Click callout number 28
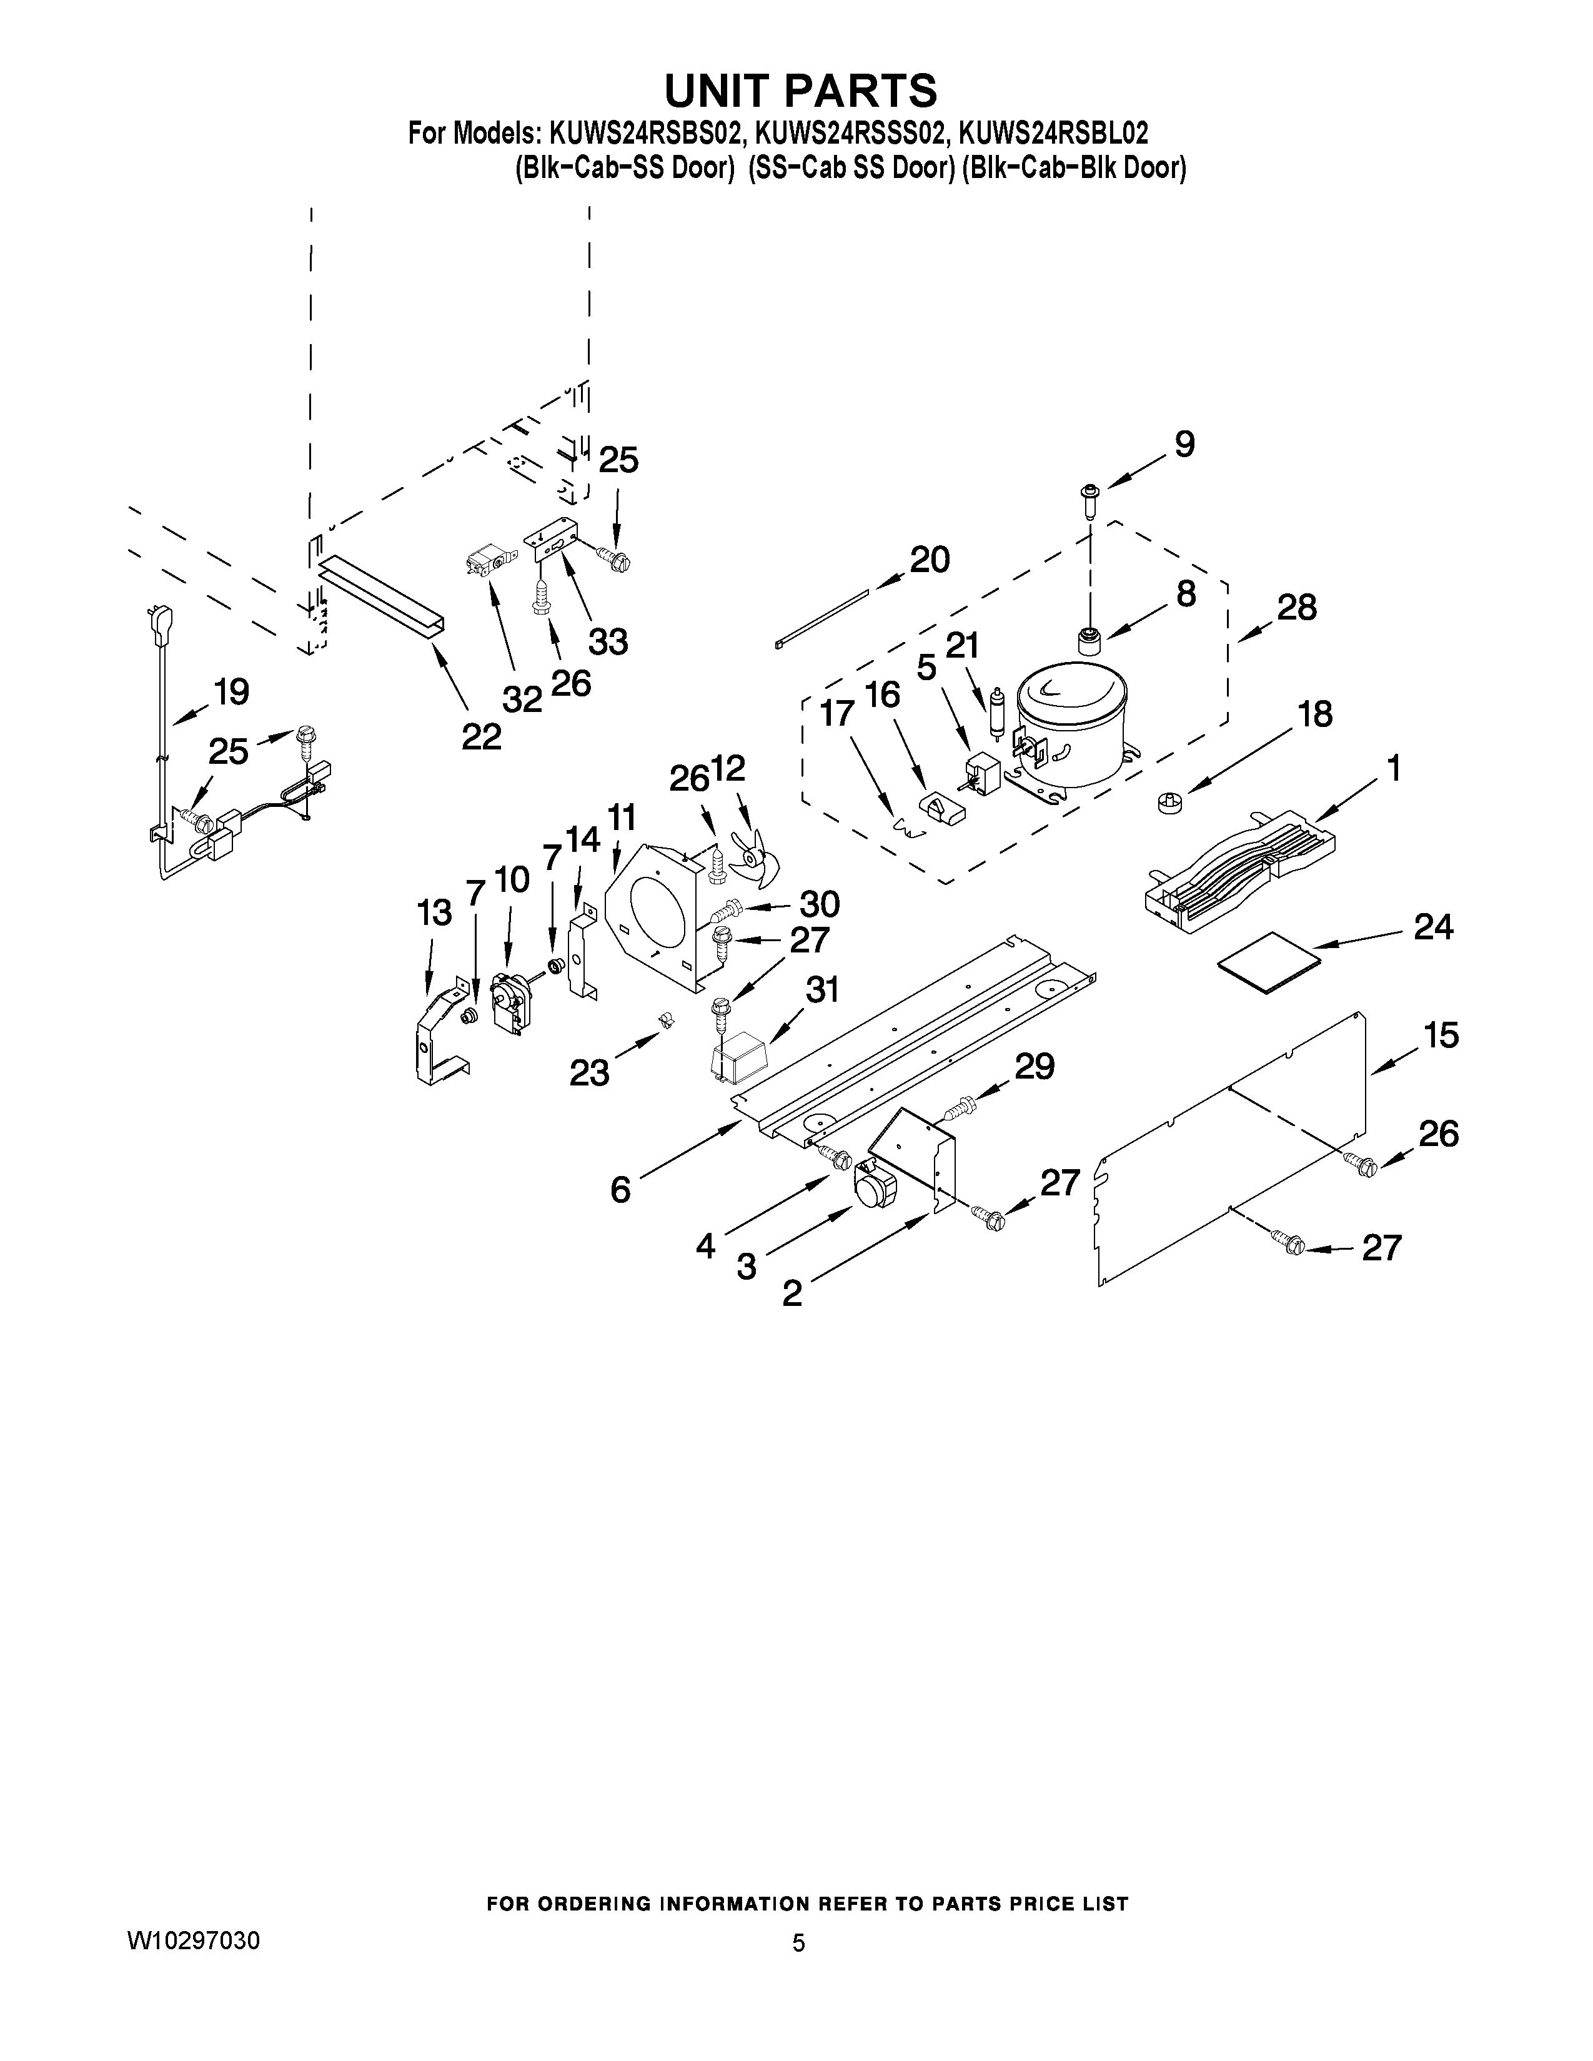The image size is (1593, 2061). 1297,607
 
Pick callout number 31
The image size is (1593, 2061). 822,990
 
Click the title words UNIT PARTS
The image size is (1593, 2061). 800,91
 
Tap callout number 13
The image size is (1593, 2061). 434,912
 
